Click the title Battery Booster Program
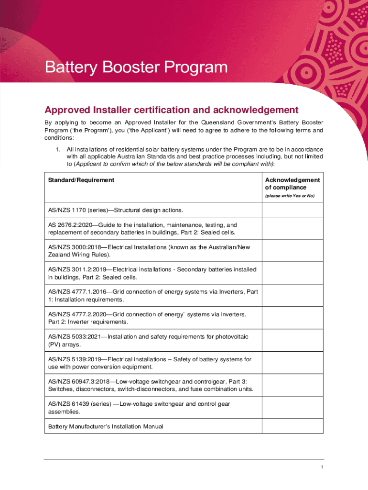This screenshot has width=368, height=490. (136, 67)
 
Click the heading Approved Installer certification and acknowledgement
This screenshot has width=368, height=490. (172, 110)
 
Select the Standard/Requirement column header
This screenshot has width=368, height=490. (81, 180)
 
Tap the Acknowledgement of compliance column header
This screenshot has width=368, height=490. (292, 184)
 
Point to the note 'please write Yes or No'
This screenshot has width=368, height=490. (290, 196)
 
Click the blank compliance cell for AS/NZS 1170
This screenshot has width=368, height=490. (292, 210)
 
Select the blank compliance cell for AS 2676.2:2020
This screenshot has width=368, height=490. (292, 228)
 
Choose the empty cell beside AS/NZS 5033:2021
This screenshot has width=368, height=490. (292, 340)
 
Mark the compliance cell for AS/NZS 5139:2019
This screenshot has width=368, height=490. (292, 363)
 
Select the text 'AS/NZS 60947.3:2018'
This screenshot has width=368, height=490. (79, 381)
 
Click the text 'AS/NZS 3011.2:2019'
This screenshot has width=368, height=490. (76, 269)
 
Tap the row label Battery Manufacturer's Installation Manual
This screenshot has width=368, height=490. (106, 426)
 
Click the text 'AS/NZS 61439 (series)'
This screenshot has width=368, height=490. (80, 404)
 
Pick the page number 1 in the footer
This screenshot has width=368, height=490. (323, 468)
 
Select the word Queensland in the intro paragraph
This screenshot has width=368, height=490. (218, 122)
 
